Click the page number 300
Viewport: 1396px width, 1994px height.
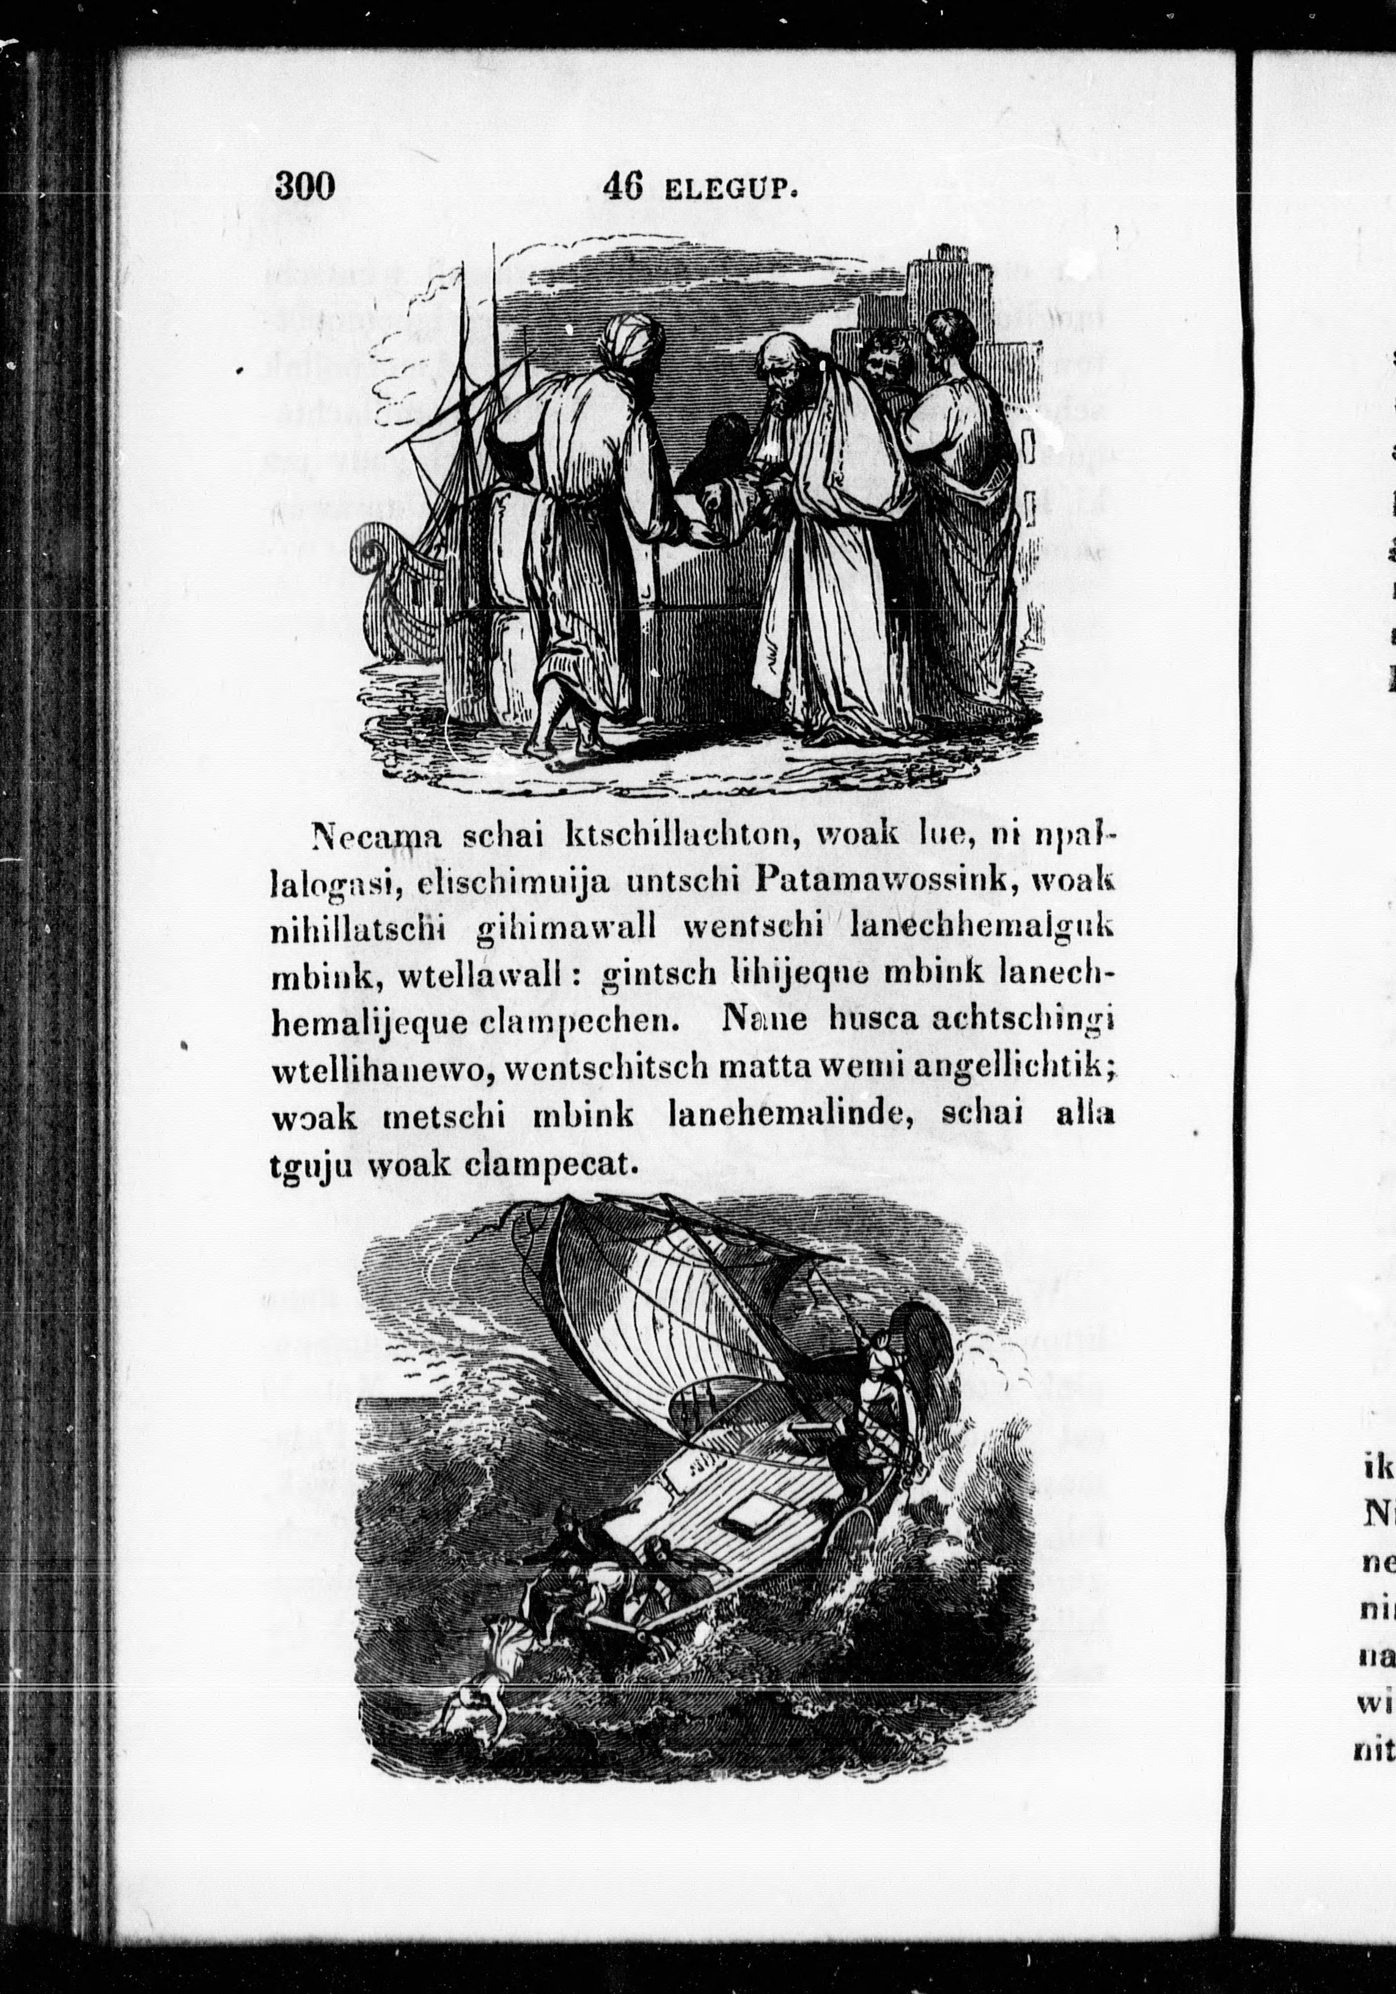pyautogui.click(x=304, y=185)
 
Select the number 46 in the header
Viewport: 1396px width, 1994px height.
pyautogui.click(x=622, y=185)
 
